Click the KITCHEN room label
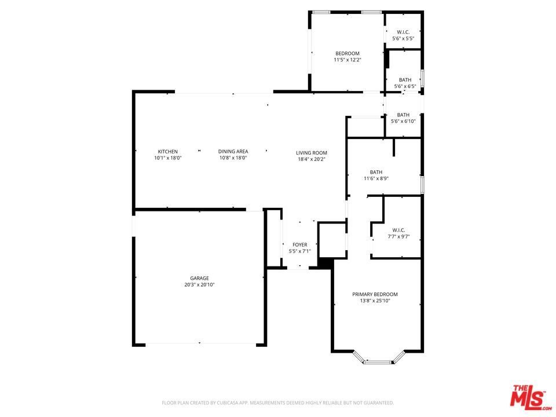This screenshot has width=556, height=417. click(x=168, y=151)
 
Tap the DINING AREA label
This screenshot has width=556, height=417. click(x=233, y=151)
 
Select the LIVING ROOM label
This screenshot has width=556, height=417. click(x=312, y=153)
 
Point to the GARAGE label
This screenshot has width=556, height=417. click(x=199, y=279)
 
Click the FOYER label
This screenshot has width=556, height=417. click(x=299, y=244)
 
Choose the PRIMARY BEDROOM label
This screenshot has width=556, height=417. click(x=375, y=294)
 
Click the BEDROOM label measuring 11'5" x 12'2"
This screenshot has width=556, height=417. click(x=348, y=53)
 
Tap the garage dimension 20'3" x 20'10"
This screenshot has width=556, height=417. click(x=199, y=285)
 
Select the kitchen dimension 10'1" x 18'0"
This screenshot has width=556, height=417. click(x=168, y=158)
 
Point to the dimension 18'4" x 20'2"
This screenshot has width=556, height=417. click(x=312, y=159)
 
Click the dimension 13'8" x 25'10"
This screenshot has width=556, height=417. click(x=375, y=301)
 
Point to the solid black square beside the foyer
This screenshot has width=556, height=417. click(x=325, y=264)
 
